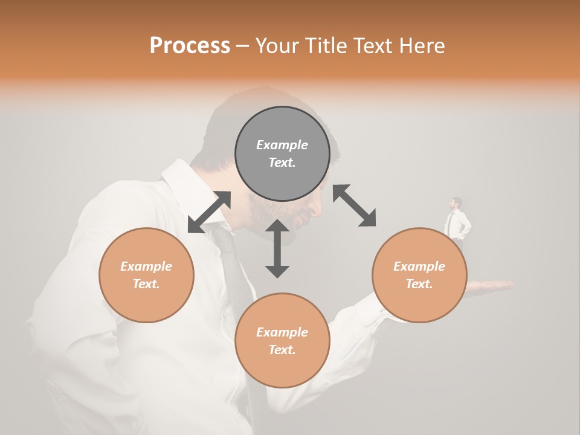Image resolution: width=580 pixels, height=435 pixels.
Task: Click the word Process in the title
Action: pos(190,46)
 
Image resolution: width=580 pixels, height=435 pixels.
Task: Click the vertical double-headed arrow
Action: pos(277,248)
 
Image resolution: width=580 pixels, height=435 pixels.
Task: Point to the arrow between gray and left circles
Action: pos(209,212)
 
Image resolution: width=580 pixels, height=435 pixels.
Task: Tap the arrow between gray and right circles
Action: pos(354,205)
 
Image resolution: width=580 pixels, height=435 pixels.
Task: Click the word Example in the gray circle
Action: pos(282,145)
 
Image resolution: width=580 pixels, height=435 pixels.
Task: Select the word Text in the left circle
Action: pos(146,284)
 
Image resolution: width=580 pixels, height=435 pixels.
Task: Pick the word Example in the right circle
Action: pos(419,266)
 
